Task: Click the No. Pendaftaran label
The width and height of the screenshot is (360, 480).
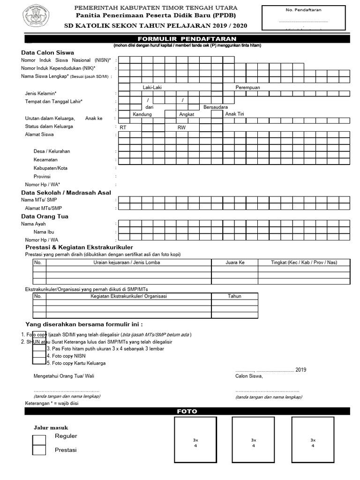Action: [303, 10]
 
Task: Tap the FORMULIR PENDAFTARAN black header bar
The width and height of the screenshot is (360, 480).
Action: [187, 38]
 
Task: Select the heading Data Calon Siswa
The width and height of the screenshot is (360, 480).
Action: [47, 52]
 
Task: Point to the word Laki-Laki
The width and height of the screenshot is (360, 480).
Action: [152, 88]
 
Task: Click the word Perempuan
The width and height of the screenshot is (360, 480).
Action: [247, 88]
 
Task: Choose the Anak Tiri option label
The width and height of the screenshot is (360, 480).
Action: [234, 114]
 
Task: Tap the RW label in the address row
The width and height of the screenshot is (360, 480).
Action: [181, 127]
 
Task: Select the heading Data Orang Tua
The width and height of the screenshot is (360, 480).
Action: [45, 216]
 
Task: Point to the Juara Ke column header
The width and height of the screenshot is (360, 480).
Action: [235, 262]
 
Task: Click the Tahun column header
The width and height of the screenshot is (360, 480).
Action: [234, 296]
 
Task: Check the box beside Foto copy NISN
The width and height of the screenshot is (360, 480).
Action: [39, 356]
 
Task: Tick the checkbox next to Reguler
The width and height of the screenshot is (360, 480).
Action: [39, 440]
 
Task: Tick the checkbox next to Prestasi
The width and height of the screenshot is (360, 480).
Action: [39, 450]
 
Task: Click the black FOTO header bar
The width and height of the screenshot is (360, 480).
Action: [187, 412]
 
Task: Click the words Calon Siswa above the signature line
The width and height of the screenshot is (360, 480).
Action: [249, 376]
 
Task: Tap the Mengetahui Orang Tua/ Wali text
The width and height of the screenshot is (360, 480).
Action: [67, 376]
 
